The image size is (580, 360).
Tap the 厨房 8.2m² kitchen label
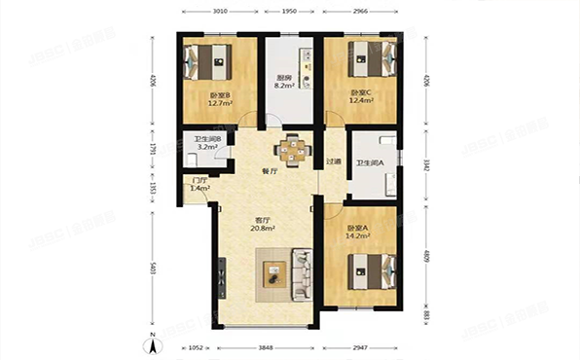tap(283, 82)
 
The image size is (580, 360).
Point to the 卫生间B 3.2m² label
tap(207, 143)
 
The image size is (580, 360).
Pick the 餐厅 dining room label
tap(271, 171)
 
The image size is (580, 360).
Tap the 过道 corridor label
tap(334, 162)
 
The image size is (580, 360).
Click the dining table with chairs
tap(291, 149)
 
